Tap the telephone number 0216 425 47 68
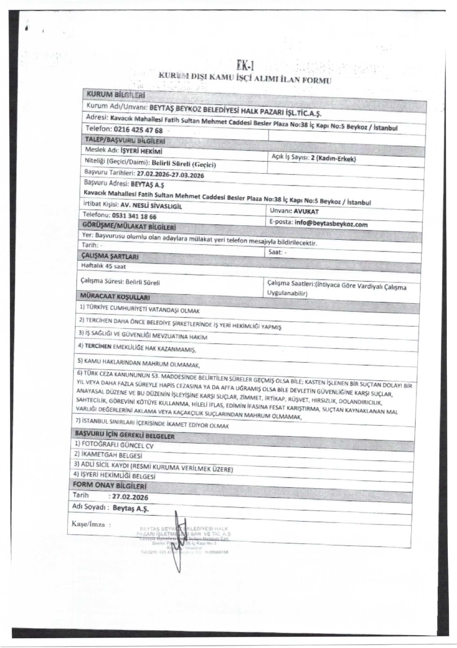[138, 130]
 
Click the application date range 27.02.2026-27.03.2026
[170, 175]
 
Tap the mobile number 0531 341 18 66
[134, 216]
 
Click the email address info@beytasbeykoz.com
[331, 224]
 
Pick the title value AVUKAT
[306, 212]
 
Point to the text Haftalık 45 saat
[103, 266]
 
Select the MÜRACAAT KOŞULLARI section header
[114, 297]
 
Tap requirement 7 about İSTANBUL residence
[152, 424]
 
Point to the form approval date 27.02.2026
[130, 497]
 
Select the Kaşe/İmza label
[88, 524]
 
